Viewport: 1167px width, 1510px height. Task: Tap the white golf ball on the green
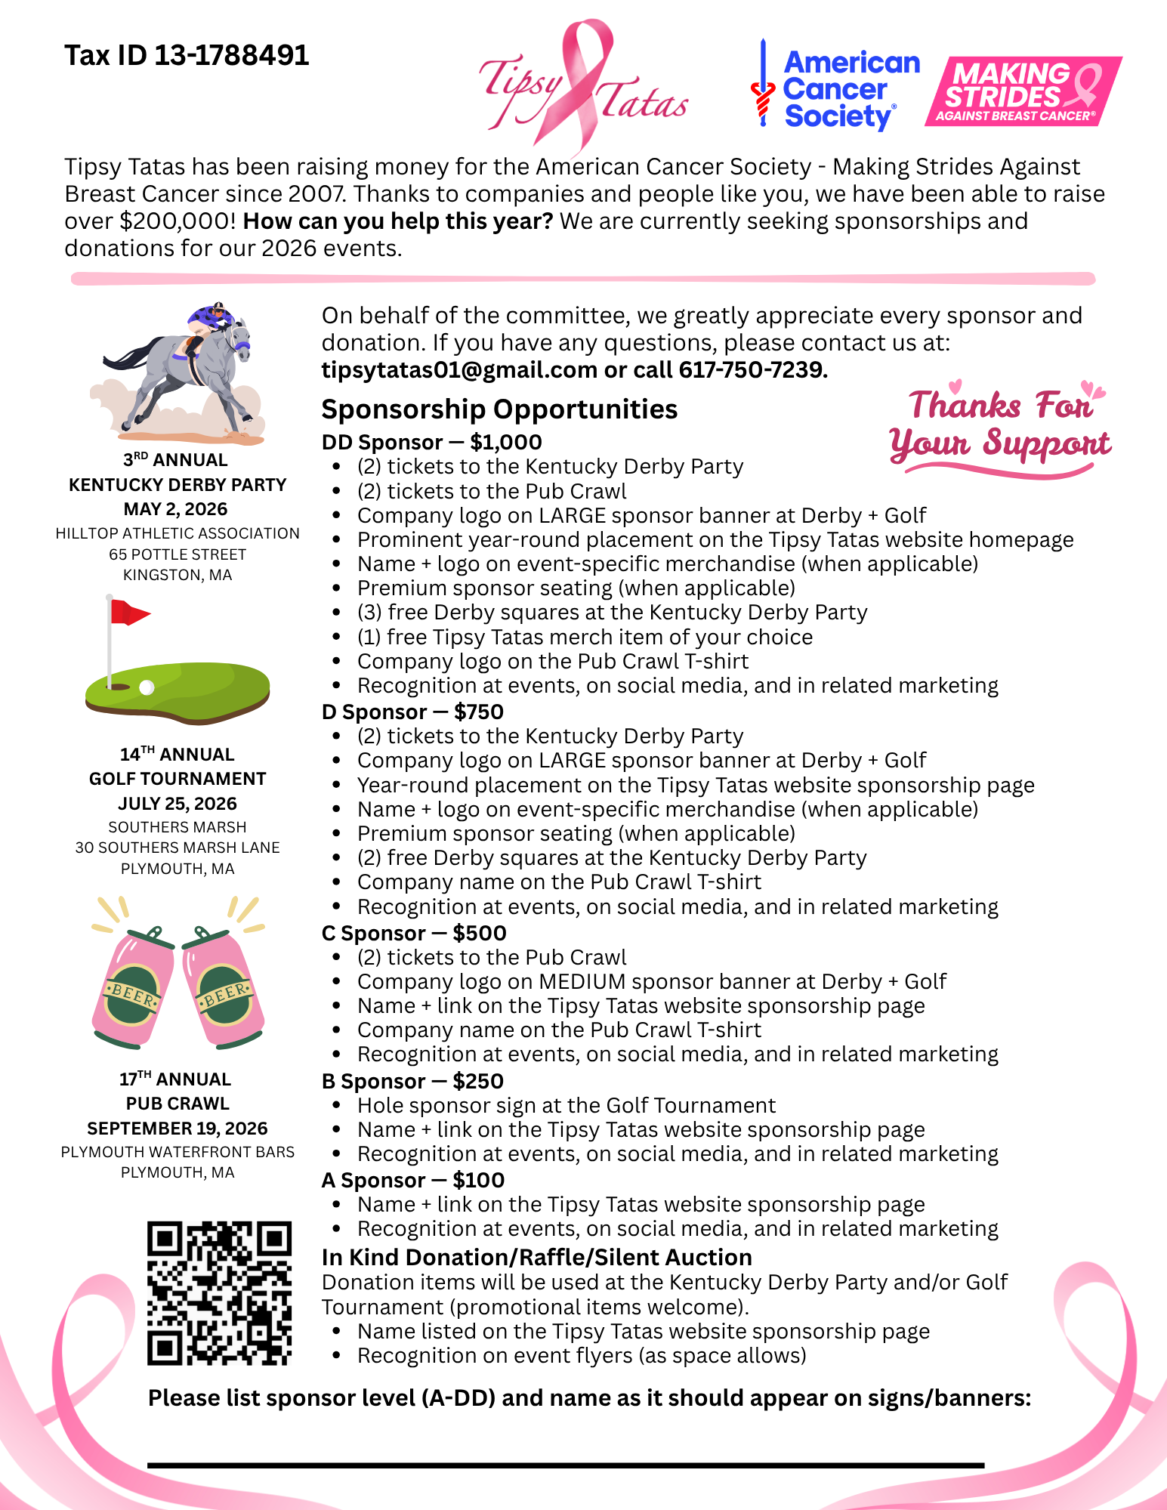pyautogui.click(x=147, y=687)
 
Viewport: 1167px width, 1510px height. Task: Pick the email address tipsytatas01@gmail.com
pyautogui.click(x=459, y=370)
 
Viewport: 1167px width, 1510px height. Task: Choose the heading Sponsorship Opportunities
pyautogui.click(x=499, y=409)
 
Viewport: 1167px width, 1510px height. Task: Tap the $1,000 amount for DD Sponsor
pyautogui.click(x=505, y=443)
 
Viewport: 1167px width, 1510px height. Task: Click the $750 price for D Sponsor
pyautogui.click(x=479, y=712)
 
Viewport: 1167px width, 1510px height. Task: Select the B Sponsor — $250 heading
pyautogui.click(x=412, y=1082)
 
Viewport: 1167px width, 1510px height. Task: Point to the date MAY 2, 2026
pyautogui.click(x=176, y=509)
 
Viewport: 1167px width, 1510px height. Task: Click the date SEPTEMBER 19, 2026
pyautogui.click(x=178, y=1129)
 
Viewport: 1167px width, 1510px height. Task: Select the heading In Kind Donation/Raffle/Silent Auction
pyautogui.click(x=536, y=1258)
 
